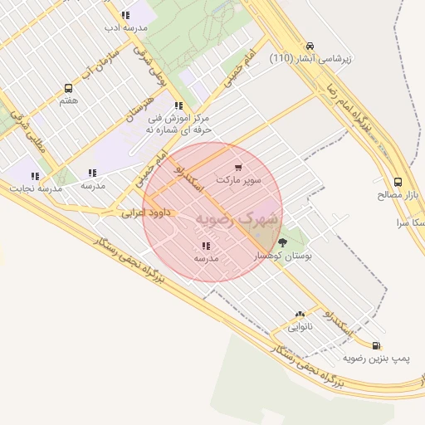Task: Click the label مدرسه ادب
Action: (125, 27)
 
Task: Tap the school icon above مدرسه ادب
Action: (125, 15)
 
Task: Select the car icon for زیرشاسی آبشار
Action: (310, 46)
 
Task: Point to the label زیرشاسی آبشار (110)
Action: (311, 59)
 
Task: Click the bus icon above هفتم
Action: (69, 88)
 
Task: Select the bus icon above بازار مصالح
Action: (398, 182)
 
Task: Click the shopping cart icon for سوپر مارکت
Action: (239, 167)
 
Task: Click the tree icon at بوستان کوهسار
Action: (283, 243)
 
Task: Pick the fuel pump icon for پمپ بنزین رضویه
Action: (377, 345)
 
